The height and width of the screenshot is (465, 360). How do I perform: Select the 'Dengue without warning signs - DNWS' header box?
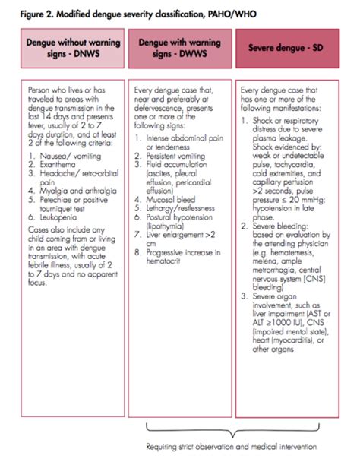point(68,48)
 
